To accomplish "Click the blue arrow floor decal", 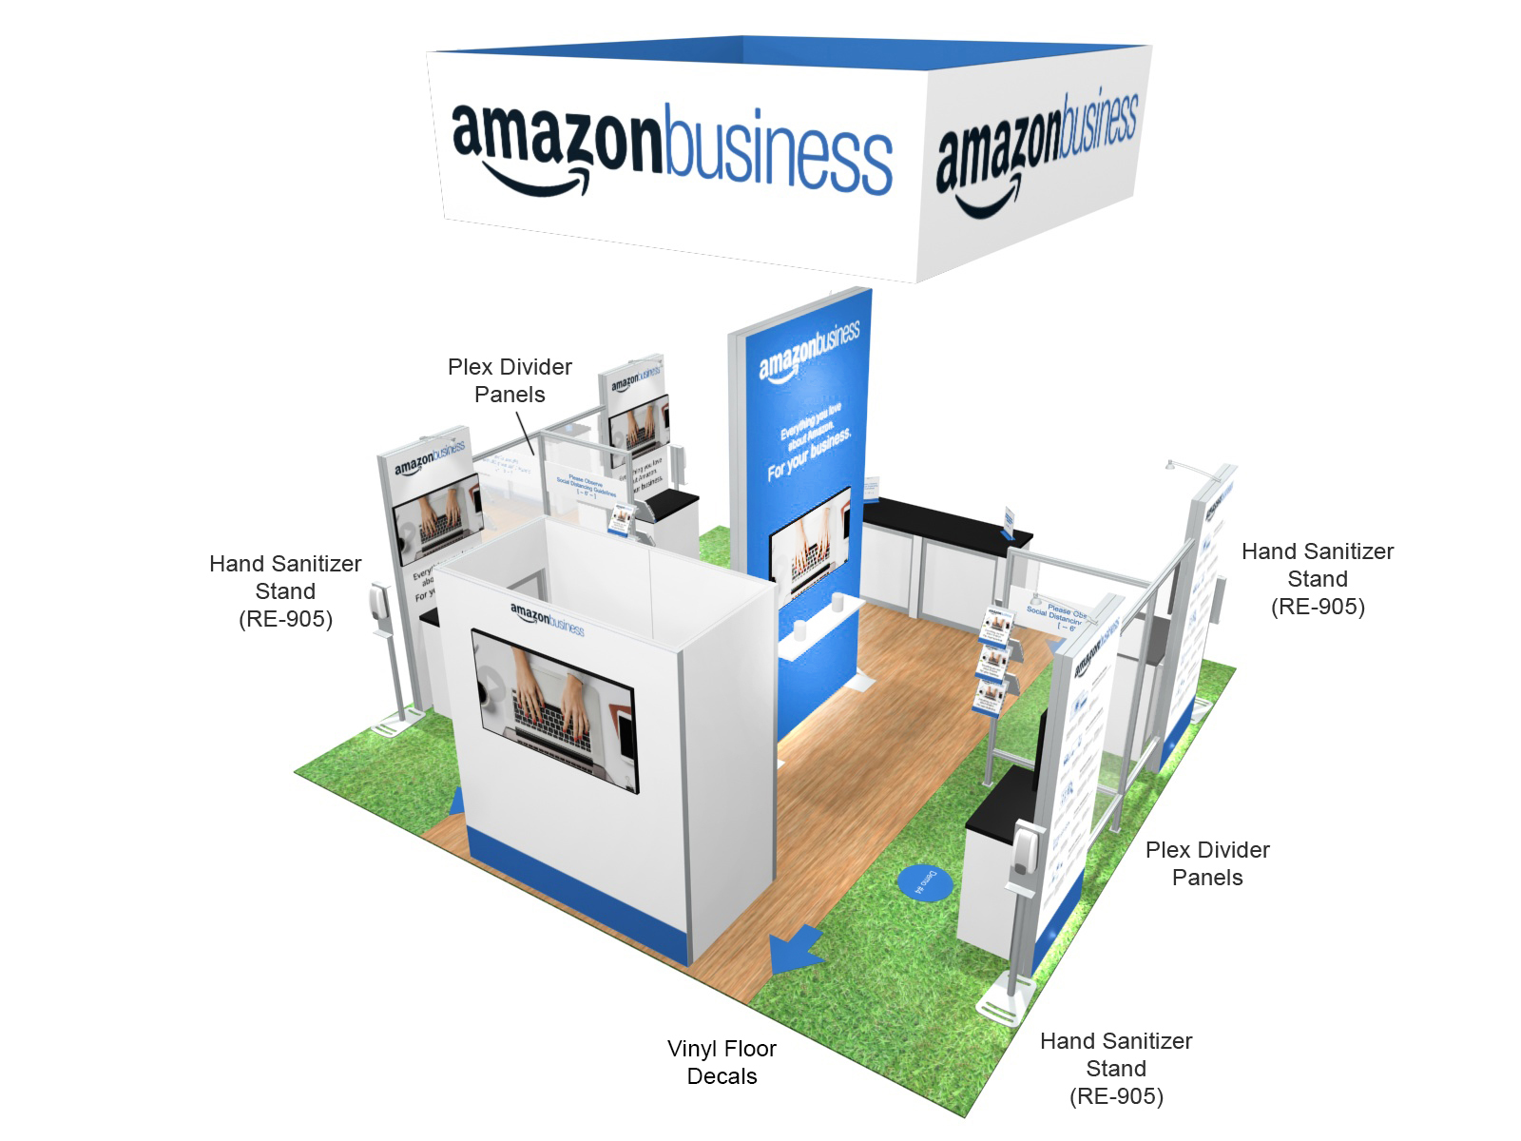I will click(795, 950).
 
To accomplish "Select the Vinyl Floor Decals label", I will click(722, 1062).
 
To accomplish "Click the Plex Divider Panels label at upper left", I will click(510, 380).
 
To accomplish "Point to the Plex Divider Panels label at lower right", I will click(1207, 863).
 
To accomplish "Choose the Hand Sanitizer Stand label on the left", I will click(285, 590).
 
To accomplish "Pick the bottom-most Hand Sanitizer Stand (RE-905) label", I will click(1116, 1068).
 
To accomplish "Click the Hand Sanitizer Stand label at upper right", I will click(1318, 578).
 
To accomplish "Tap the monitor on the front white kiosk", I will click(555, 708).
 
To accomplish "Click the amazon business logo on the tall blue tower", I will click(809, 349).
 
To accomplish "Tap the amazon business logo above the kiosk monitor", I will click(547, 618).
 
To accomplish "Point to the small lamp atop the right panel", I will click(1172, 465).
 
